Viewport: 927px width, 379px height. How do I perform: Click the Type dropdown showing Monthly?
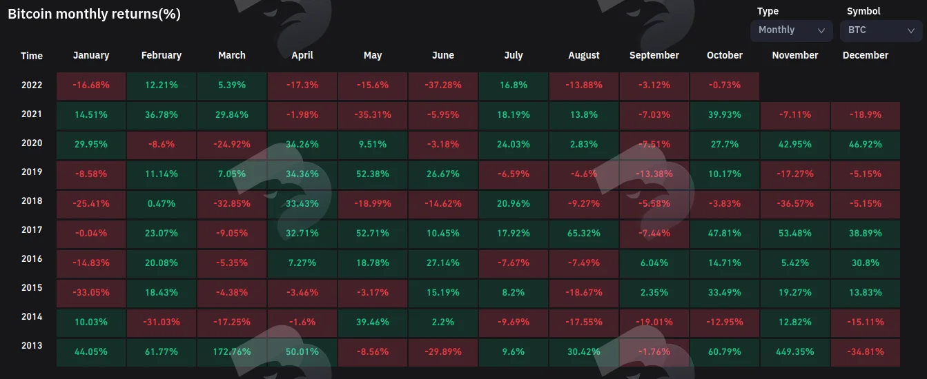(791, 30)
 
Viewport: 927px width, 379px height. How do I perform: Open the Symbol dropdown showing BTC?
(881, 30)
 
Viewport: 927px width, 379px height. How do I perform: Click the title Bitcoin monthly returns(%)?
(95, 14)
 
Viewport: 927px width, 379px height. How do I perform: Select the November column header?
(795, 55)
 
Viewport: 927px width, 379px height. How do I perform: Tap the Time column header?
(32, 56)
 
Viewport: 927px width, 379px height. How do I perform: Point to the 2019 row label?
(32, 172)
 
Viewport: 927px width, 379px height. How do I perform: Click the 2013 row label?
(32, 345)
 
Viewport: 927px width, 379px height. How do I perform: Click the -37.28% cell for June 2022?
(443, 86)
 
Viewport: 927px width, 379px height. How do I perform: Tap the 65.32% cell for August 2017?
(584, 234)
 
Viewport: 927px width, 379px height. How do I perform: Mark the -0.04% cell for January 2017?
(91, 234)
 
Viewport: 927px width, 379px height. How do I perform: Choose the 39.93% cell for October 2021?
(725, 115)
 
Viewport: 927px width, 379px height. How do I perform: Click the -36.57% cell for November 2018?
(795, 204)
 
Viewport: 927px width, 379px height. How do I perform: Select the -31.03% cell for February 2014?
(162, 322)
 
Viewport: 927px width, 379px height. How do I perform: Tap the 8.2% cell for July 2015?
(514, 293)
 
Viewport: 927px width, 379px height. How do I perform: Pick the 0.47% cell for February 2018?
(162, 204)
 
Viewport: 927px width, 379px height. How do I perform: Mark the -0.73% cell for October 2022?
(725, 86)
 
